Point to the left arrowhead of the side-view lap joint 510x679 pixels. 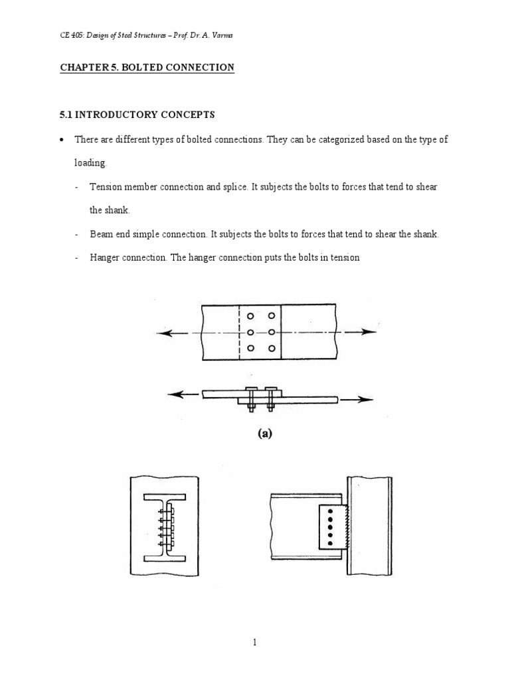[174, 395]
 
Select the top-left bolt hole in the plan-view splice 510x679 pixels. [250, 316]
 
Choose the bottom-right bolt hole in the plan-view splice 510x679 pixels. [270, 347]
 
